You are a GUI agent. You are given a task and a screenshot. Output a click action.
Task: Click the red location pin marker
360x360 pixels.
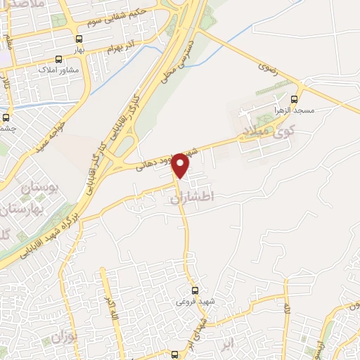pyautogui.click(x=181, y=165)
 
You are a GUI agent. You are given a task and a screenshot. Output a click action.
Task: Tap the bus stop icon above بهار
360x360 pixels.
pyautogui.click(x=79, y=39)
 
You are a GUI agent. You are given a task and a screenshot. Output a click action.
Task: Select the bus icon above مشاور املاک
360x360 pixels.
pyautogui.click(x=58, y=60)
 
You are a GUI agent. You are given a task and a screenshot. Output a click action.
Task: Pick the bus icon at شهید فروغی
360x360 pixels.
pyautogui.click(x=195, y=290)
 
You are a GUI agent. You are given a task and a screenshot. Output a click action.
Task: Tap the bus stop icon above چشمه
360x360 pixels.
pyautogui.click(x=6, y=117)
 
